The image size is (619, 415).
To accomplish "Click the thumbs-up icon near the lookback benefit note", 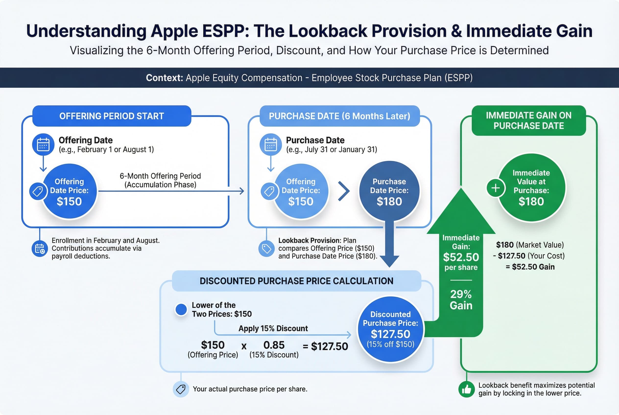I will click(466, 389).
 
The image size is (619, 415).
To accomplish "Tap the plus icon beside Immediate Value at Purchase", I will click(495, 188).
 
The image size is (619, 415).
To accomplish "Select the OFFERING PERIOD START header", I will click(111, 116).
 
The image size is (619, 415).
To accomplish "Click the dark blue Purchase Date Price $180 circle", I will click(389, 191).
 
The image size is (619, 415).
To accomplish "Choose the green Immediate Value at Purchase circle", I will click(531, 188).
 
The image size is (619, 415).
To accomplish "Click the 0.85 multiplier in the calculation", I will click(274, 345).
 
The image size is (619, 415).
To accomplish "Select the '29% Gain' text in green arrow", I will click(461, 300).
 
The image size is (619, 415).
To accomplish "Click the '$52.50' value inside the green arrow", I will click(461, 257).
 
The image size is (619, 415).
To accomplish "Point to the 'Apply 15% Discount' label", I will click(273, 328).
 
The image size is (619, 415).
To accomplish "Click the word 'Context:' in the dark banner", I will click(165, 78).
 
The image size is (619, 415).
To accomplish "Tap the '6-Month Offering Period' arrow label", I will click(160, 176).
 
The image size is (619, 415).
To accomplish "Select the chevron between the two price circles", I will click(344, 191).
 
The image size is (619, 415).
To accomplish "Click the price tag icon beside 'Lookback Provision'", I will click(266, 249).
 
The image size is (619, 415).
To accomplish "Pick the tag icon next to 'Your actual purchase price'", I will click(181, 389).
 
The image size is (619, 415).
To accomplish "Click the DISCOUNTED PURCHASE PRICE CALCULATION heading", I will click(296, 281).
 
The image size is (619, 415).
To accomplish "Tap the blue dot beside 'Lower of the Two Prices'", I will click(181, 309).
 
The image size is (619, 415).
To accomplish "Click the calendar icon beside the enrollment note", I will click(40, 249).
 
